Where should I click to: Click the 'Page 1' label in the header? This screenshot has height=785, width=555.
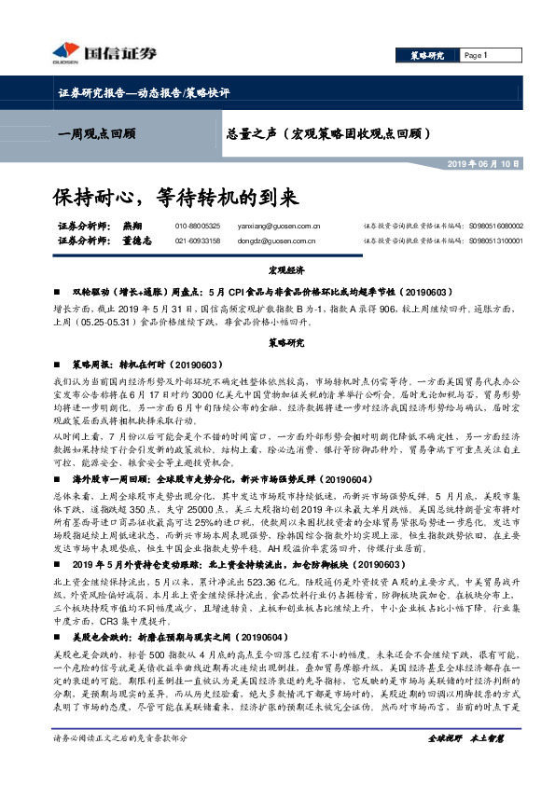click(x=477, y=56)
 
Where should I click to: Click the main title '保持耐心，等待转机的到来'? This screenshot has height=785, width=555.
click(x=174, y=198)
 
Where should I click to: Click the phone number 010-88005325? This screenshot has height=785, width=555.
click(x=198, y=226)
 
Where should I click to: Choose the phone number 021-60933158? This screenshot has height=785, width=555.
click(x=198, y=241)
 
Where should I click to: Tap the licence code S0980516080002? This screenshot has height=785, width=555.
click(x=498, y=226)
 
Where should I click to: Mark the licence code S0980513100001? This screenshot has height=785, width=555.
click(x=498, y=241)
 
